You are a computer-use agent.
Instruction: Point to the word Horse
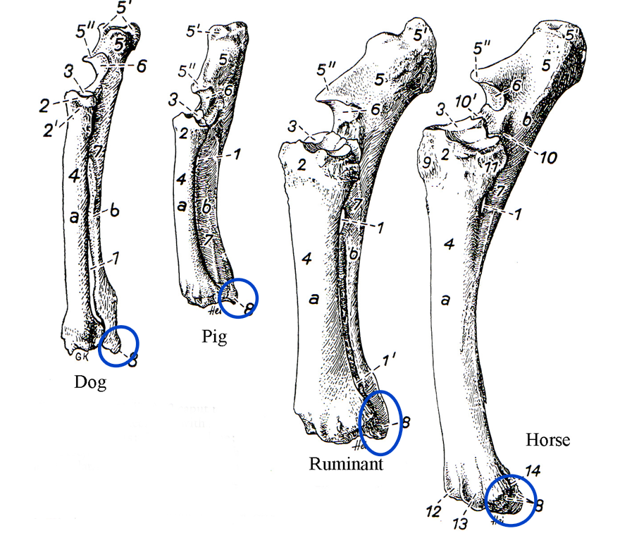pyautogui.click(x=547, y=441)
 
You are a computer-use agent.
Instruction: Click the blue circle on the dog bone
pyautogui.click(x=118, y=346)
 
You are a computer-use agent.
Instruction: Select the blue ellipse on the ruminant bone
pyautogui.click(x=381, y=422)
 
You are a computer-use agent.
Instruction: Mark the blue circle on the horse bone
pyautogui.click(x=511, y=500)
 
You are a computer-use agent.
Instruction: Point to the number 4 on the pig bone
pyautogui.click(x=182, y=179)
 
